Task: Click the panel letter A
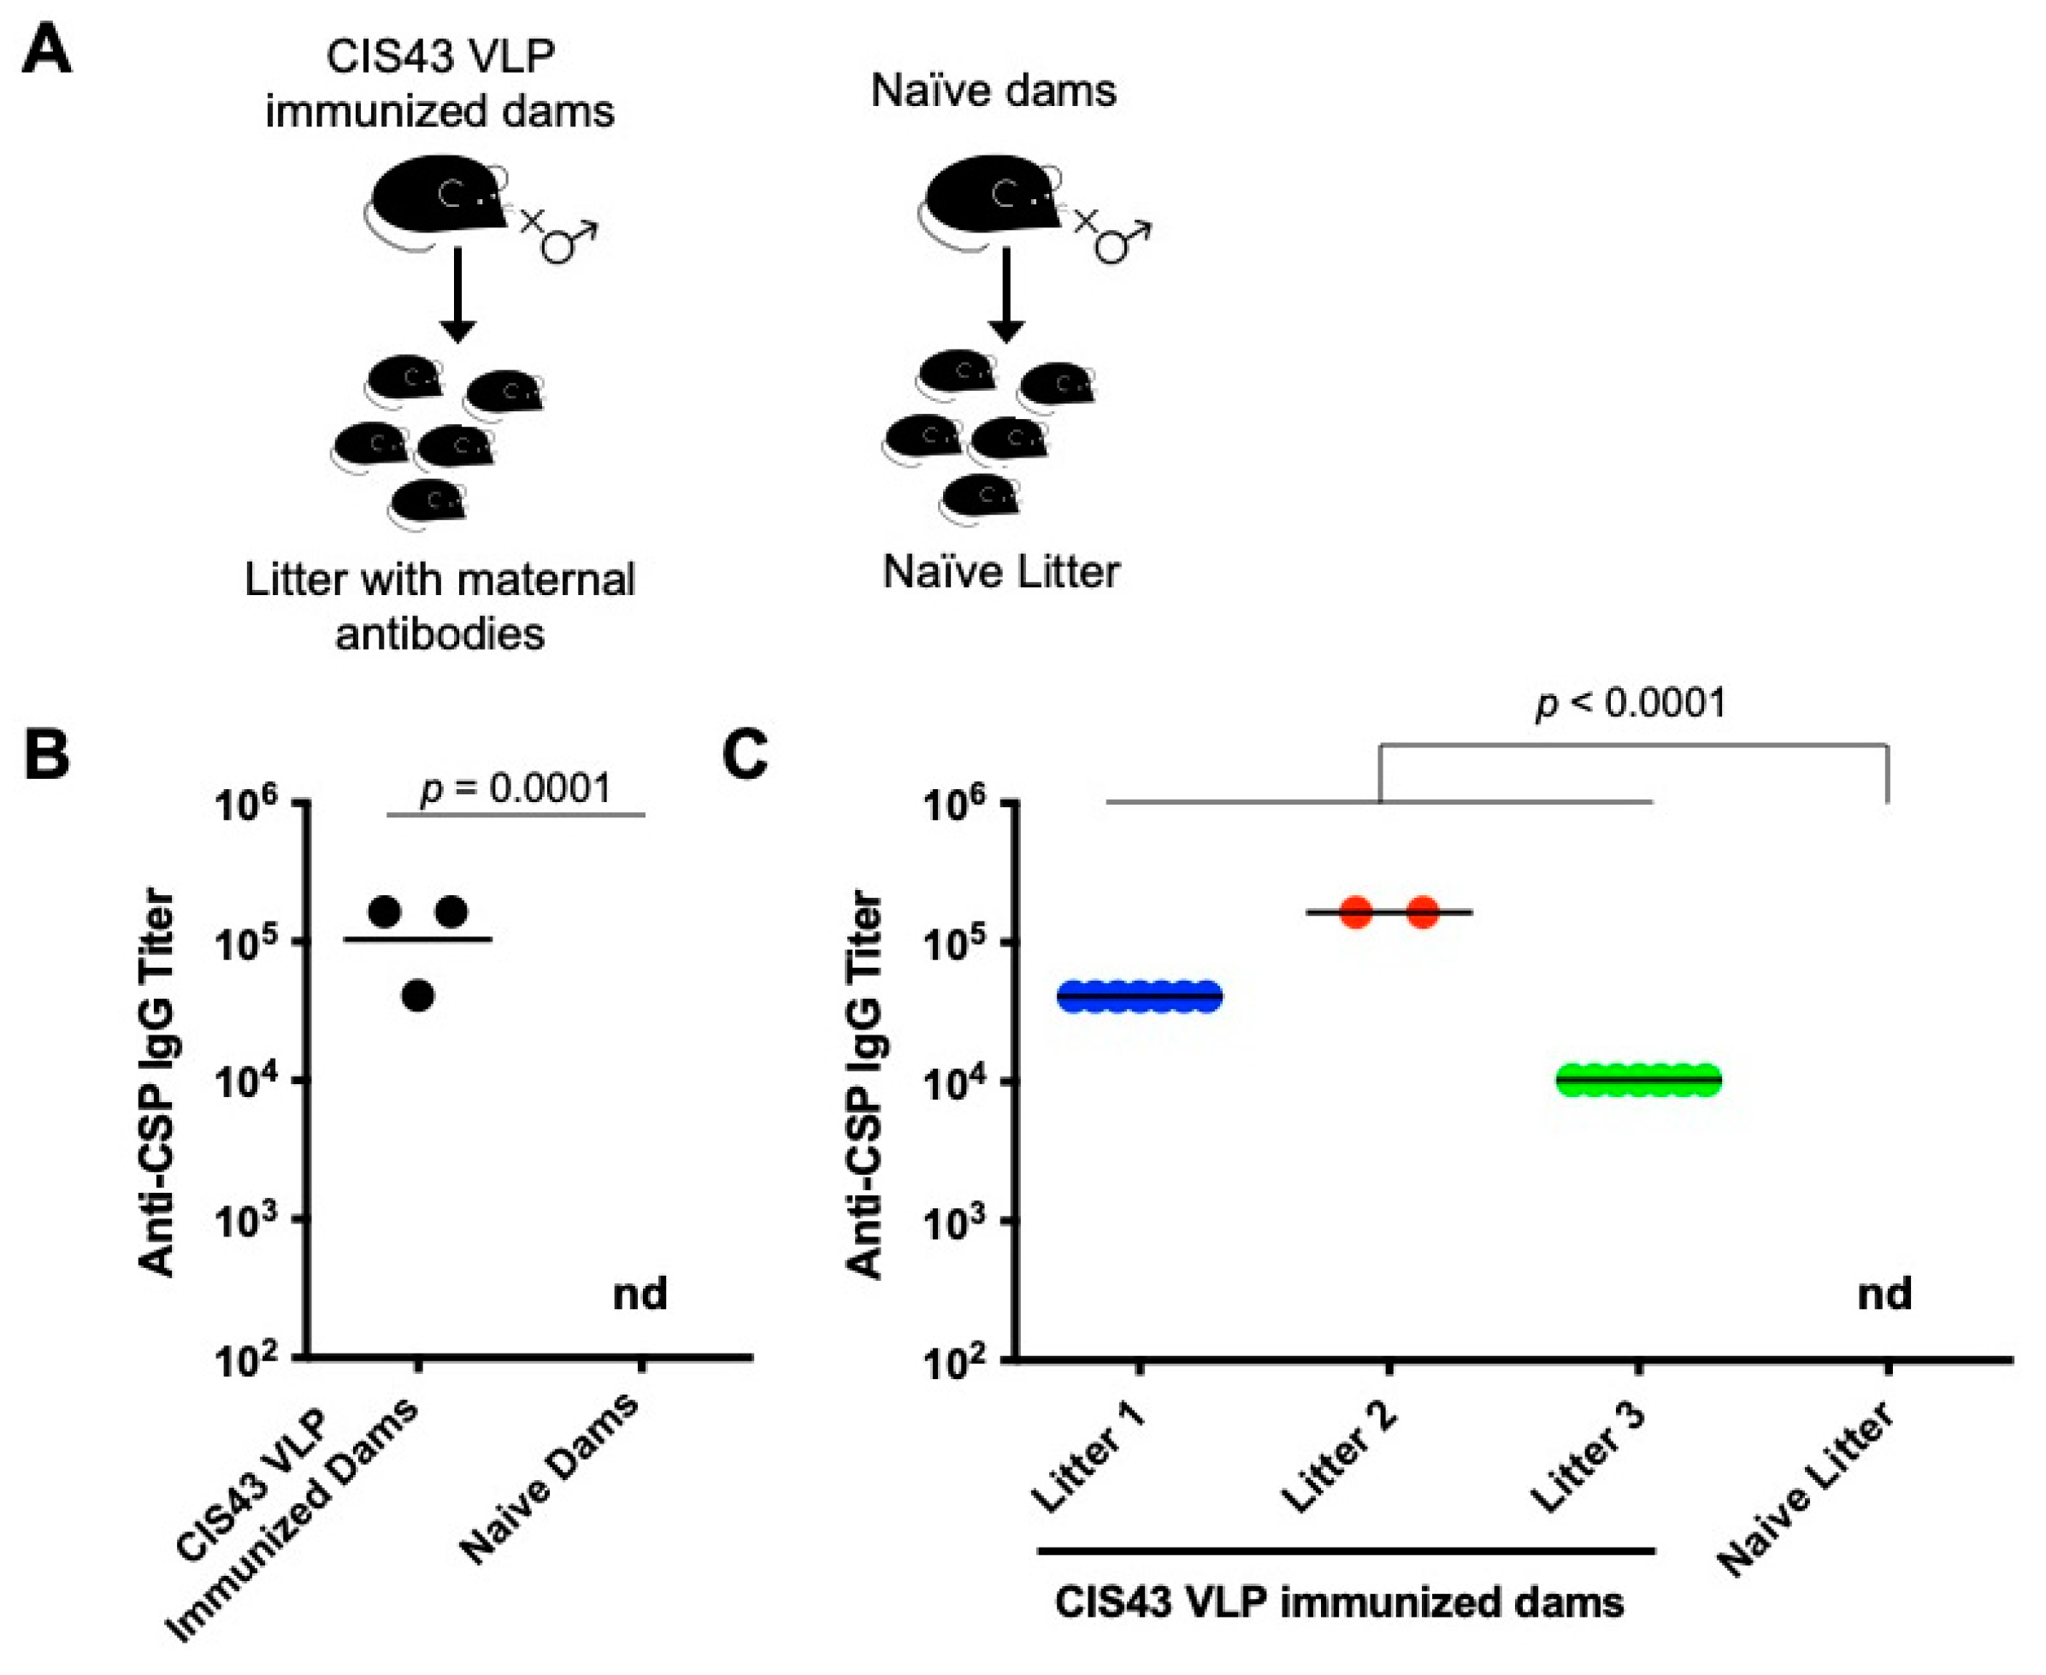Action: pyautogui.click(x=46, y=50)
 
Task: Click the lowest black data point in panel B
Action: pyautogui.click(x=418, y=994)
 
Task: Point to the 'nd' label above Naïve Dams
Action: pyautogui.click(x=640, y=1294)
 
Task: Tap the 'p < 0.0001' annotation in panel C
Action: pyautogui.click(x=1630, y=703)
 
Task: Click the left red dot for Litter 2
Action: pyautogui.click(x=1356, y=911)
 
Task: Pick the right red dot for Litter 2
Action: pyautogui.click(x=1423, y=911)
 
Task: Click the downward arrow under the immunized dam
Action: pyautogui.click(x=458, y=294)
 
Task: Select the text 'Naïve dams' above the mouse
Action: pyautogui.click(x=994, y=91)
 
